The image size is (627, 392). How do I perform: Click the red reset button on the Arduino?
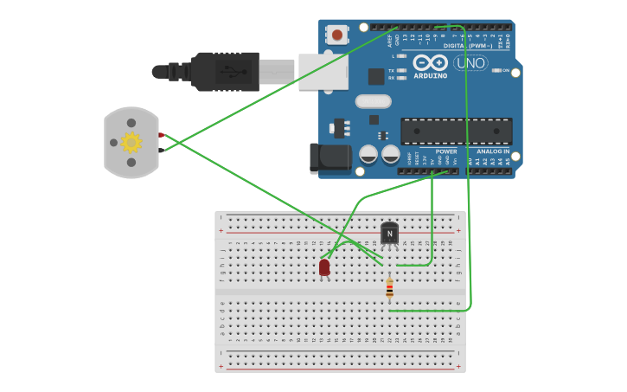click(337, 35)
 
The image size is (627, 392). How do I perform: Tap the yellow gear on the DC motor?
click(131, 142)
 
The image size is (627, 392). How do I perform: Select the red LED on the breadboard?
click(324, 267)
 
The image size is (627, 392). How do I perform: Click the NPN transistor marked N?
click(390, 234)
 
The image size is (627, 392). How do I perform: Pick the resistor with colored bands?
click(389, 288)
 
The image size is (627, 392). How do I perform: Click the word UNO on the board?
click(470, 62)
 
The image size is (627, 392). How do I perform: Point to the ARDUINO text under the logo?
click(431, 75)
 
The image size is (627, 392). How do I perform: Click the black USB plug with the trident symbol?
click(225, 72)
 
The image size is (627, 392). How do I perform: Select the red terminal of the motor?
click(161, 135)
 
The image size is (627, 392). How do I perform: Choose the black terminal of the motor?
click(161, 151)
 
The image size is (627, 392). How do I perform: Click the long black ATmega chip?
click(456, 132)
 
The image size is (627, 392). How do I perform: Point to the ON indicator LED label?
click(506, 70)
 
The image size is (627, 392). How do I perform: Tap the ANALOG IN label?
click(494, 151)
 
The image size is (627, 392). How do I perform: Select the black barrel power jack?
click(330, 158)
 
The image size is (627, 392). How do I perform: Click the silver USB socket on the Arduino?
click(323, 72)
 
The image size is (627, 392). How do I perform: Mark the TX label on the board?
click(392, 70)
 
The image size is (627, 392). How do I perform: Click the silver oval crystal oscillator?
click(373, 101)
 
